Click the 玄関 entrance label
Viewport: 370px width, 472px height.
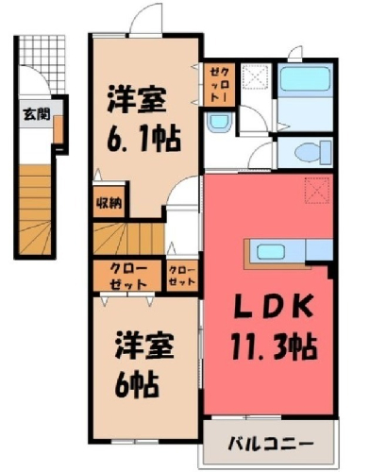point(37,114)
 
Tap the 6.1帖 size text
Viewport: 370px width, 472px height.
point(143,139)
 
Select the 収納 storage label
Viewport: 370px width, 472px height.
point(109,204)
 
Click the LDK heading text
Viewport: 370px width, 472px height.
point(273,306)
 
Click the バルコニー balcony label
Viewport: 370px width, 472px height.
point(271,444)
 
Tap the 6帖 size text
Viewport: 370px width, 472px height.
point(136,385)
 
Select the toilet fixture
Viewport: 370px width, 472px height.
point(313,153)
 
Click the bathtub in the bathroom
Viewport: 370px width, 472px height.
point(304,77)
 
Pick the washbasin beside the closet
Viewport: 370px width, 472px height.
point(219,122)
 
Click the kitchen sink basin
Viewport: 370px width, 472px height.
point(271,251)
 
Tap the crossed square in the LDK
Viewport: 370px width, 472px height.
point(317,190)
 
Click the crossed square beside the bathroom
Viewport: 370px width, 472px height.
point(256,77)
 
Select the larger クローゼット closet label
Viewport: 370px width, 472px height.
point(128,277)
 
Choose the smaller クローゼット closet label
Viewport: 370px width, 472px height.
point(182,276)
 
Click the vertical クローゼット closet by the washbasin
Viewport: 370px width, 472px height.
point(219,85)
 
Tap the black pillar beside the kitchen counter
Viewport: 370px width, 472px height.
point(330,270)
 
